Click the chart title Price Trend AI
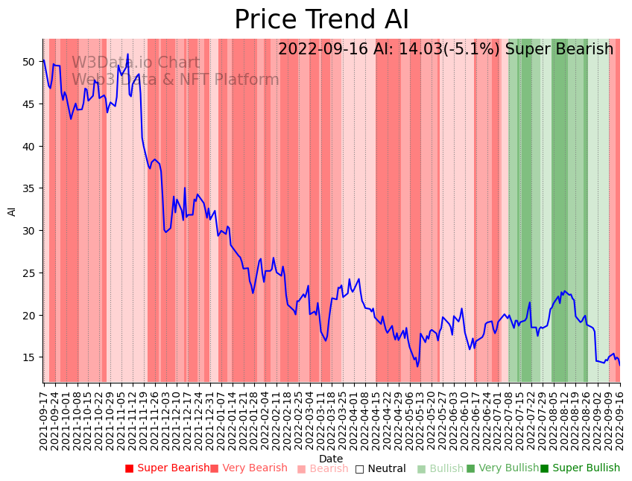(321, 20)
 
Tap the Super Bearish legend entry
(168, 468)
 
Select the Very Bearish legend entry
(249, 468)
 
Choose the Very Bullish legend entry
(502, 468)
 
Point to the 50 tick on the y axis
(29, 61)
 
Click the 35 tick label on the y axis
(29, 188)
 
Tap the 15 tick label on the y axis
(29, 357)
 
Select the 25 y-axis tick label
(29, 273)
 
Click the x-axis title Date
(331, 459)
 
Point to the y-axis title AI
(12, 211)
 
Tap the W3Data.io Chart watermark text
(136, 63)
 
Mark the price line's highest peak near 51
(127, 54)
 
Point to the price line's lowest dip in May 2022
(417, 366)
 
